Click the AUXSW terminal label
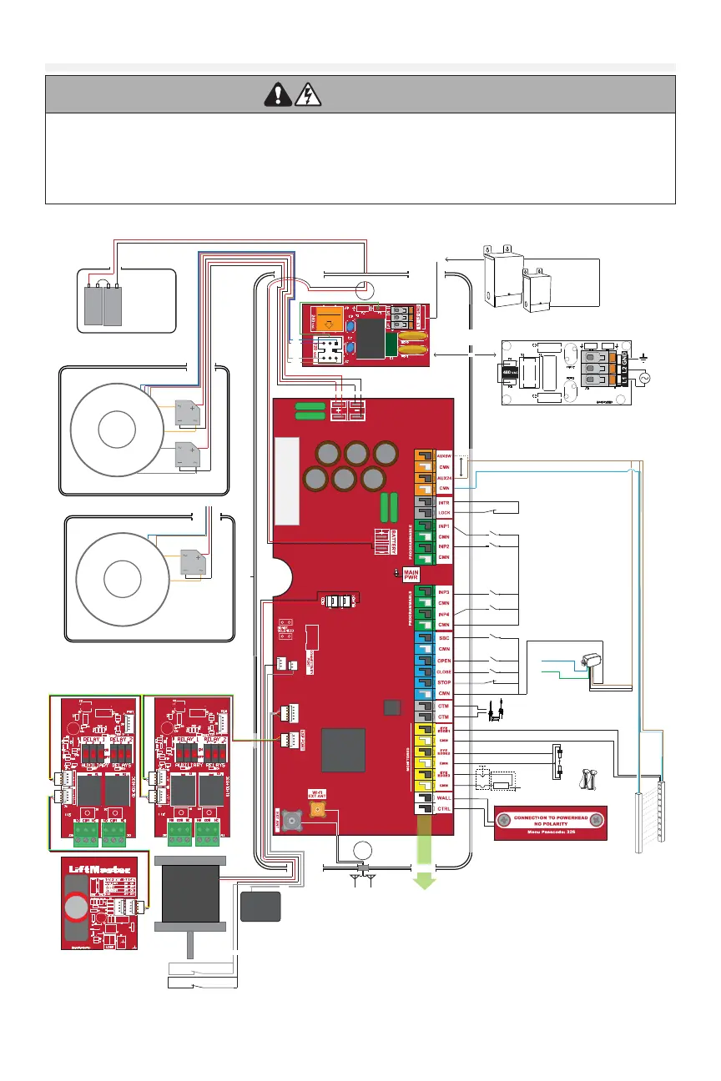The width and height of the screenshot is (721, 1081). pyautogui.click(x=444, y=455)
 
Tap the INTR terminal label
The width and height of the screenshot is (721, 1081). pyautogui.click(x=444, y=503)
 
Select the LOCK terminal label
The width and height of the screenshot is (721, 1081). pyautogui.click(x=444, y=513)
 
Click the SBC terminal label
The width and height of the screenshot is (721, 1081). pyautogui.click(x=444, y=638)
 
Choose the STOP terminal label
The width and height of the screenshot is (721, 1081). pyautogui.click(x=444, y=683)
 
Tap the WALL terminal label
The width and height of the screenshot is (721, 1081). pyautogui.click(x=444, y=799)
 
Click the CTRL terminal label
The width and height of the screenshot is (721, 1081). pyautogui.click(x=444, y=810)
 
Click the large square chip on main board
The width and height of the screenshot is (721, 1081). pyautogui.click(x=345, y=750)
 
